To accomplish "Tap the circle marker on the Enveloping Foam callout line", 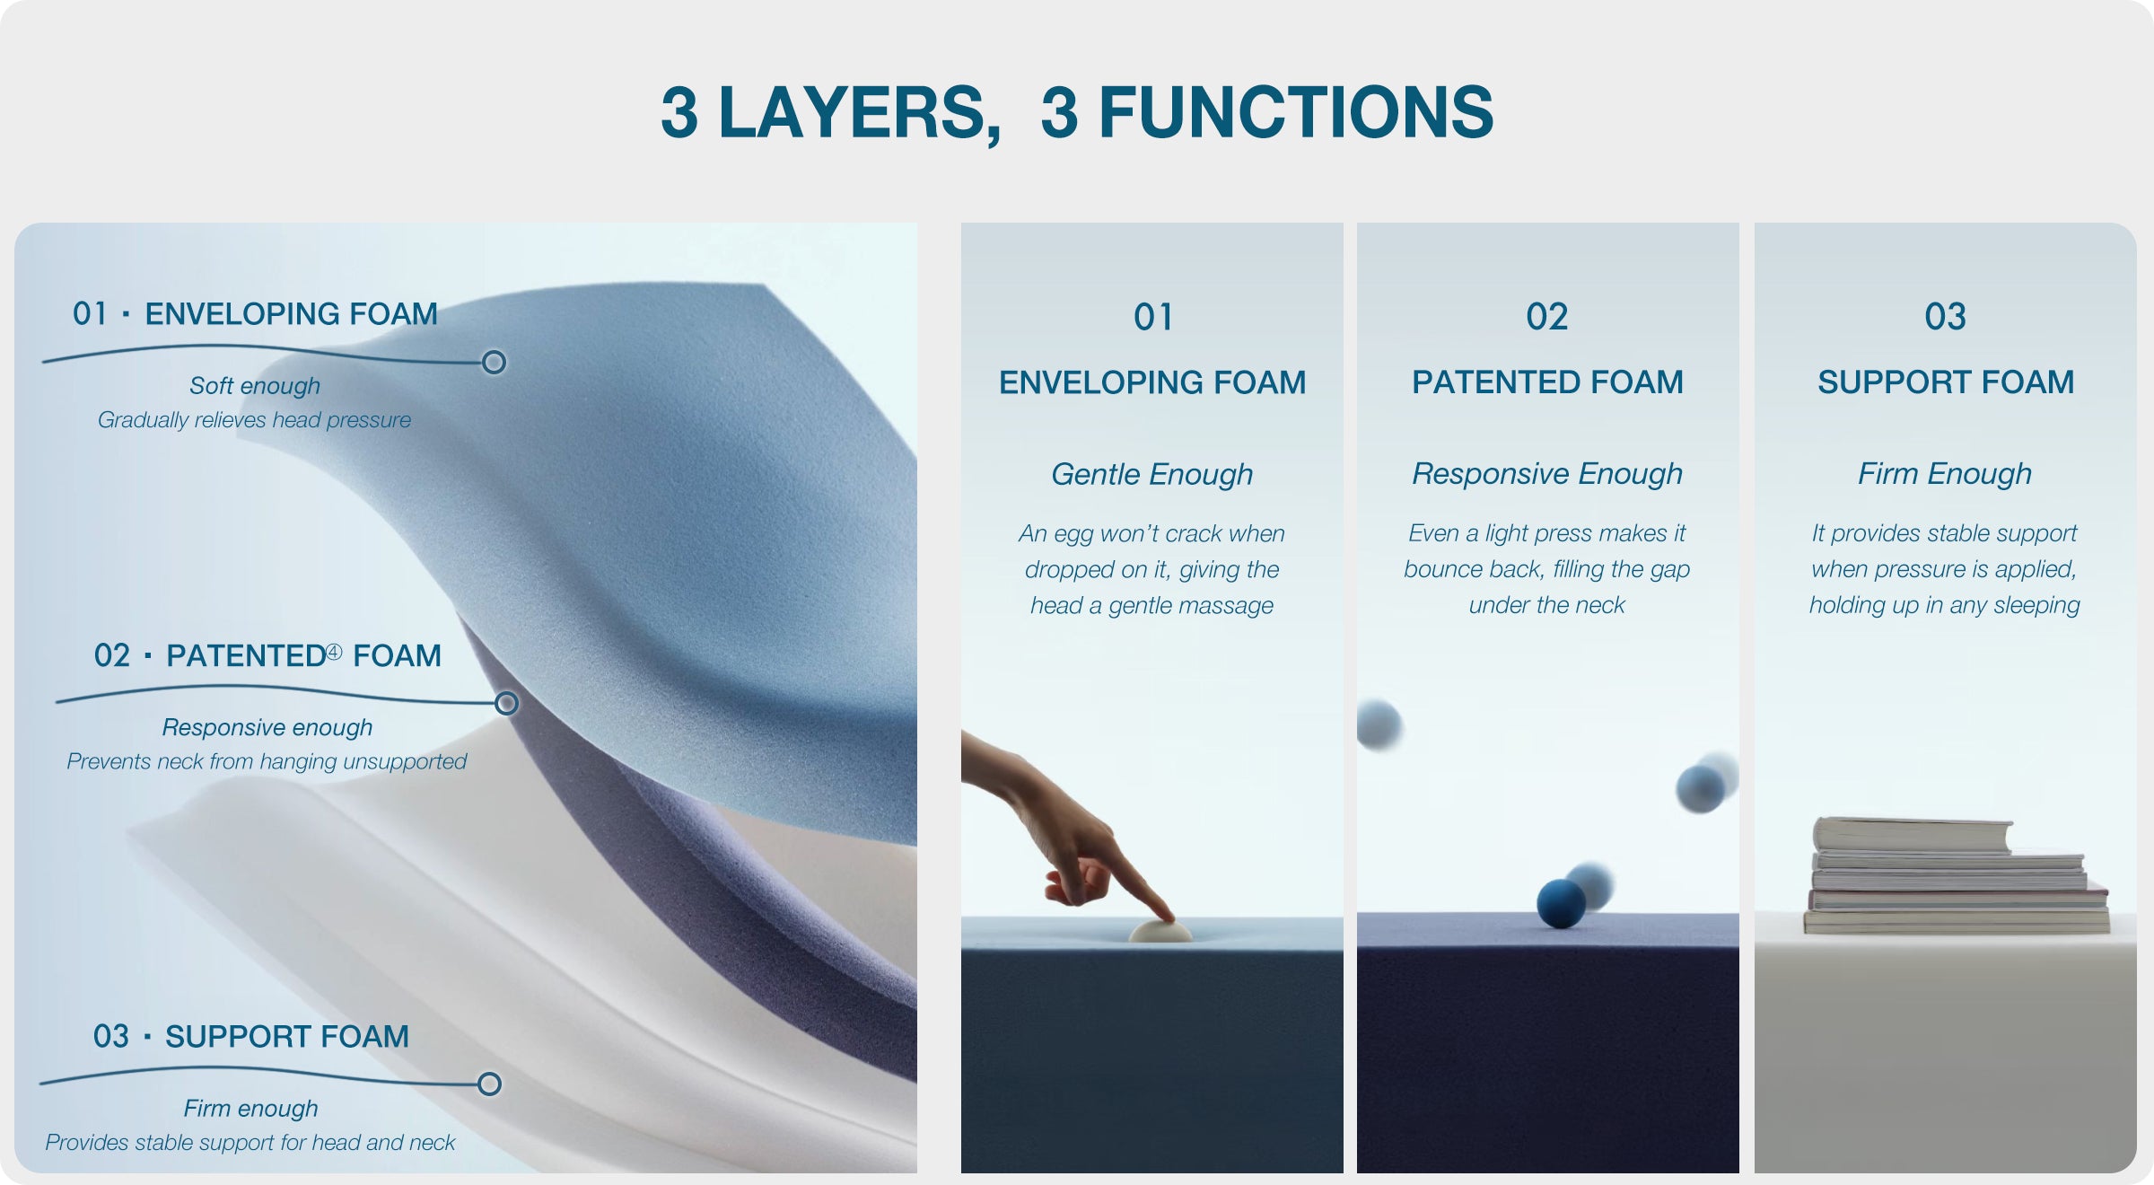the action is (494, 363).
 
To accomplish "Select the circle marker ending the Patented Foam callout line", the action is (507, 703).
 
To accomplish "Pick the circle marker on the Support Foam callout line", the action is (489, 1084).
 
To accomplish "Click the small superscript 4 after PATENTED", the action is (334, 652).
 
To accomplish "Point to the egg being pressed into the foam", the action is (1160, 930).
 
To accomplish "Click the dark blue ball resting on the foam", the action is (1561, 903).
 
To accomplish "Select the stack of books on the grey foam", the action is (1957, 875).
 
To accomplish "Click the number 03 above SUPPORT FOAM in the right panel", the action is (1945, 317).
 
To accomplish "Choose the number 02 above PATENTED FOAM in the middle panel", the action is (1547, 317).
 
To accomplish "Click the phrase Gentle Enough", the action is (1152, 474).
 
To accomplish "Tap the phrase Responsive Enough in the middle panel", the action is (1547, 474).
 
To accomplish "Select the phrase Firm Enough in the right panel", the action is (1945, 474).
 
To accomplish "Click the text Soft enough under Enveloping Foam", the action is (255, 386).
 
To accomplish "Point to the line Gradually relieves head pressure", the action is (254, 420).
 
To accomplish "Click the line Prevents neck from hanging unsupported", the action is (267, 762).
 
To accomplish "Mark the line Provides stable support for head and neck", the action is (250, 1143).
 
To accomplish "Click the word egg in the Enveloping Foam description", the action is (1073, 535).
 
